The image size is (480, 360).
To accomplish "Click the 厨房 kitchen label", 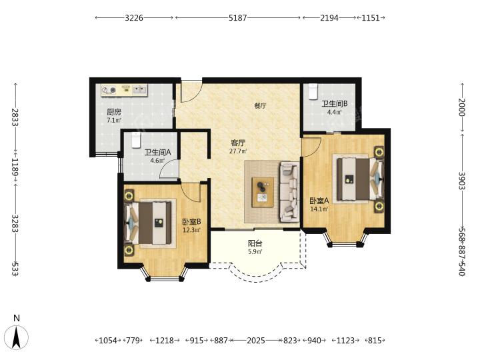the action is coord(114,112).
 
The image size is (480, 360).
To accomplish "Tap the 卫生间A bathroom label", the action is coord(157,152).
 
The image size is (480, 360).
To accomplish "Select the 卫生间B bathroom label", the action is coord(334,104).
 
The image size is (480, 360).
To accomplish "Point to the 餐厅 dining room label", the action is coord(260,106).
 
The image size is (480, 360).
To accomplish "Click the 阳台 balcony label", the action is coord(255,243).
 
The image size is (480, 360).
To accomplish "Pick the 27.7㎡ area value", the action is coord(238,151).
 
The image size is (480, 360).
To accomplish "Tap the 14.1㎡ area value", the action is coord(319,209).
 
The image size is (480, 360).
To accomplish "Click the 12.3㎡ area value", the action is coord(191,230).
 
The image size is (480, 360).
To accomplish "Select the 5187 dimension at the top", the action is coord(237,18).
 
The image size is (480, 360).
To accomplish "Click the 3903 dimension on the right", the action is coord(462,181).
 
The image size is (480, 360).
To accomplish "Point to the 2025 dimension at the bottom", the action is coord(256,340).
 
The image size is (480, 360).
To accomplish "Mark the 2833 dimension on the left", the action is coord(15,117).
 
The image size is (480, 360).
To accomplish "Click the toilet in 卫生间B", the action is coord(313,91).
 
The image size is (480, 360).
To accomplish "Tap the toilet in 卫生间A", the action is coord(136,141).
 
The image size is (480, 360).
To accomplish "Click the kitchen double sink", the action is coord(139,90).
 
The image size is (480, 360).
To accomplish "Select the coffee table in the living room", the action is coord(263,192).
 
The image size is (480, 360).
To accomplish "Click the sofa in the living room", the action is coord(289,192).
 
